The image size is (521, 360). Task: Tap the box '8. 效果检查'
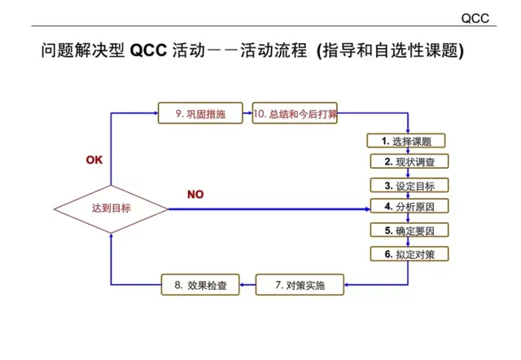tap(200, 285)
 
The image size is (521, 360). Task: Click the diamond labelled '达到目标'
tap(112, 209)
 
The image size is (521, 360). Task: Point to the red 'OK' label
tap(94, 160)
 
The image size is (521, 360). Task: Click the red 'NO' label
tap(195, 195)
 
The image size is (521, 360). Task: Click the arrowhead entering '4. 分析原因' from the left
tap(366, 209)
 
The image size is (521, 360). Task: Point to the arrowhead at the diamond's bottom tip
tap(112, 242)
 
